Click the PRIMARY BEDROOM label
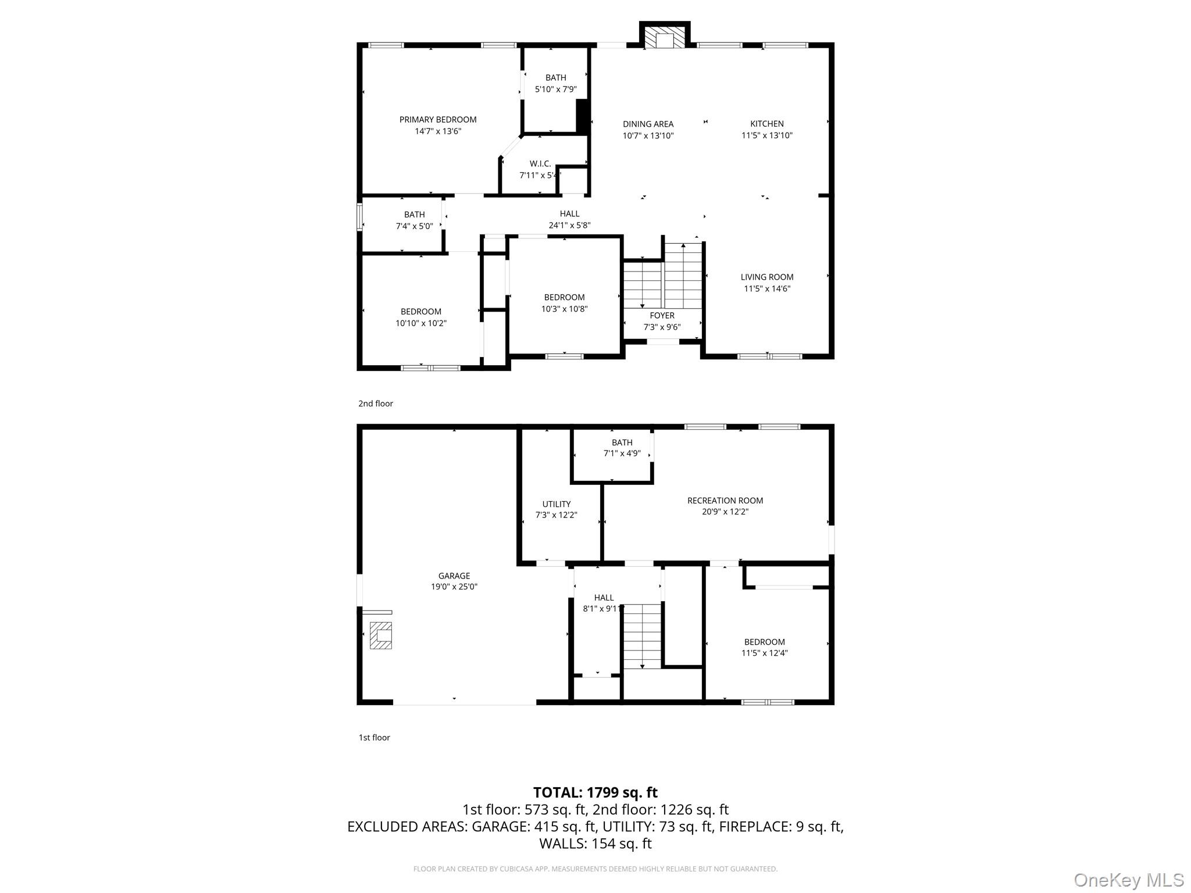437,120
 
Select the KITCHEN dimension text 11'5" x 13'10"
766,135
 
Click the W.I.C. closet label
540,164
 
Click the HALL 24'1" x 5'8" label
569,220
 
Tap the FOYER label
662,316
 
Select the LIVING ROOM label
766,277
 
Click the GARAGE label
454,576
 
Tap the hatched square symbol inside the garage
381,635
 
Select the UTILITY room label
556,504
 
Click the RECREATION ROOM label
725,501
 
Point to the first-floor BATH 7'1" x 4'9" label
622,448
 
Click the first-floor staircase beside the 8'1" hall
642,635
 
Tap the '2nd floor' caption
375,403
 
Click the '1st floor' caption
374,738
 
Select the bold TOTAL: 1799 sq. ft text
595,792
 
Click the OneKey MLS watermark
1128,880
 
